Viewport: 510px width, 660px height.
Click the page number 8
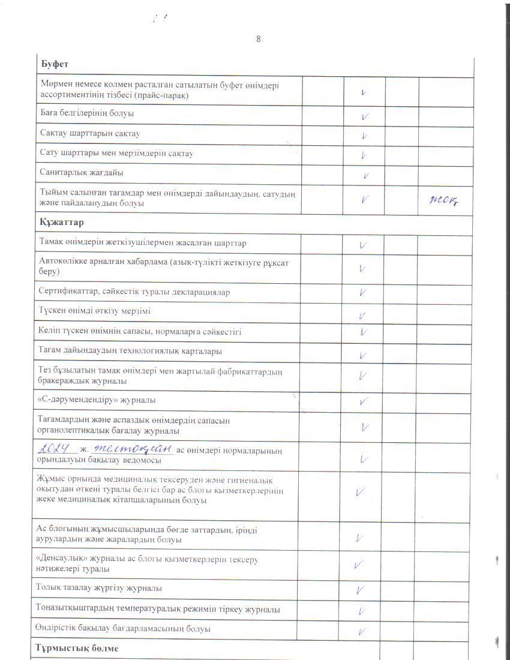[x=258, y=39]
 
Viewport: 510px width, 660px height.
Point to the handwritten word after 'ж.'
[x=132, y=448]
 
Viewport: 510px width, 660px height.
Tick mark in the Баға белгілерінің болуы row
[x=364, y=116]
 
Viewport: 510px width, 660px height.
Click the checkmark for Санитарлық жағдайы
[x=365, y=176]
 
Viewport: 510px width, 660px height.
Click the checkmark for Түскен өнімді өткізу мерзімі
[x=362, y=315]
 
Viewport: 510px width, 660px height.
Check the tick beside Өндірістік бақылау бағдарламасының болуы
[x=362, y=631]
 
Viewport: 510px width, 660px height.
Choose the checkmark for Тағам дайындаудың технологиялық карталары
[x=363, y=355]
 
